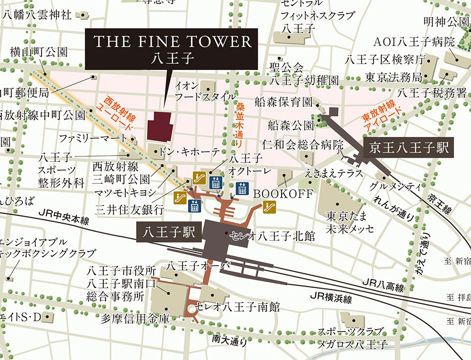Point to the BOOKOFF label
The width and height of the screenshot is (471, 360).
click(x=283, y=193)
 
